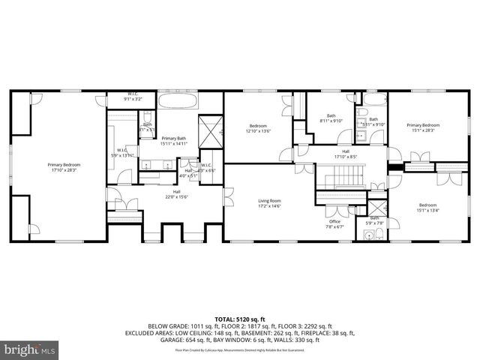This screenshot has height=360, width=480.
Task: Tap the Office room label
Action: click(334, 221)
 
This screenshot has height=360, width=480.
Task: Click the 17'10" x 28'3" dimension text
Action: click(64, 169)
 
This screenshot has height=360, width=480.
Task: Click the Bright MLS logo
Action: click(30, 349)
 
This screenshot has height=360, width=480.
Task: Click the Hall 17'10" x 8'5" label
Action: click(346, 153)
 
